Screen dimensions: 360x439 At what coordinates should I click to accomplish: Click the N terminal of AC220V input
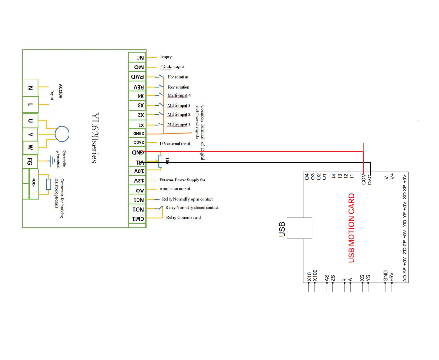30,88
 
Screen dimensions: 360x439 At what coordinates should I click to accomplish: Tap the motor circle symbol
62,134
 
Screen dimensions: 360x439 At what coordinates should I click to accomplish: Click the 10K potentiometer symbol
160,161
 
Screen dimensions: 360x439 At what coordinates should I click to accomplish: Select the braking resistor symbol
48,184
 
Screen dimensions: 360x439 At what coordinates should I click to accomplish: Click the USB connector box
299,229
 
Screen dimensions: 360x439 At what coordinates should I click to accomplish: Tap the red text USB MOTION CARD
352,228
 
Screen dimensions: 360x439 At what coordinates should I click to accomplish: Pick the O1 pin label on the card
324,177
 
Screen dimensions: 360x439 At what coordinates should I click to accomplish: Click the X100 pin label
315,276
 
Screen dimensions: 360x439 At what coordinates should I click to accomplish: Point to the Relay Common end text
184,218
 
